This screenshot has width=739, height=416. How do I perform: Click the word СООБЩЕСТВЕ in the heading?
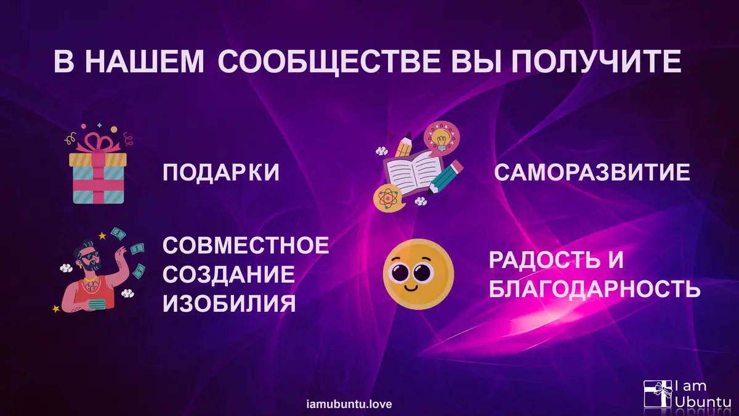329,62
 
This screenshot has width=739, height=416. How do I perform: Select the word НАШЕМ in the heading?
147,62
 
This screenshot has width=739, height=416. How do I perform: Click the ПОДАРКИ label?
220,173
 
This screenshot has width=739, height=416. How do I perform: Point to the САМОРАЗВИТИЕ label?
592,172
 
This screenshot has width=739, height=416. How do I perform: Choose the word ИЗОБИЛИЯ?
229,304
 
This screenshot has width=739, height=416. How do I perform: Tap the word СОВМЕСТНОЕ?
246,245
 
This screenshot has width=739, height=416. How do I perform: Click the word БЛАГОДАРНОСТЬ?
594,289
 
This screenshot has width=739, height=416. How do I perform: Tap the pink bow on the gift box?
98,142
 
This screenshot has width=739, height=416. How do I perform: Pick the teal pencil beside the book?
445,177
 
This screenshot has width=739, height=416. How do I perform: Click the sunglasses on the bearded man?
91,256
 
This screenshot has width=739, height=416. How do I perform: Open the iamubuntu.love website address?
349,404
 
